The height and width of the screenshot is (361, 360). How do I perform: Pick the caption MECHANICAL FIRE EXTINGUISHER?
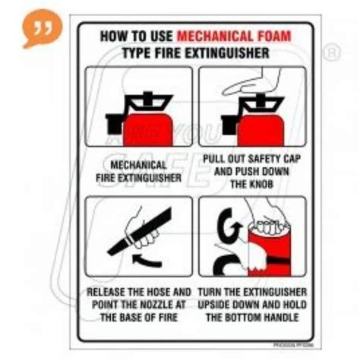[x=137, y=171]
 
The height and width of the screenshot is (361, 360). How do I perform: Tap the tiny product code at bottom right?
[x=291, y=325]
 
